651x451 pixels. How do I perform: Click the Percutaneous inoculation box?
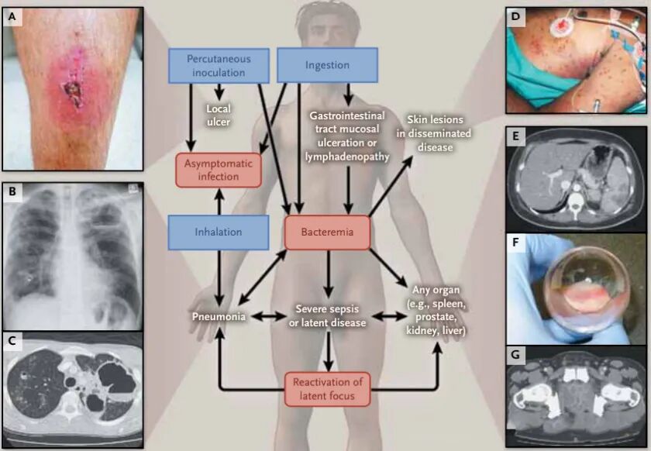point(217,67)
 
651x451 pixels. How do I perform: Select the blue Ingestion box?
point(327,65)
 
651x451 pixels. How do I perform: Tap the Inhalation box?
point(219,232)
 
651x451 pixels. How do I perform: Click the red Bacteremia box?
point(327,232)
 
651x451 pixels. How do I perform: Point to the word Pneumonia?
point(219,317)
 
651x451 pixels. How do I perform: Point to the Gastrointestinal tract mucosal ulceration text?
point(347,133)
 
